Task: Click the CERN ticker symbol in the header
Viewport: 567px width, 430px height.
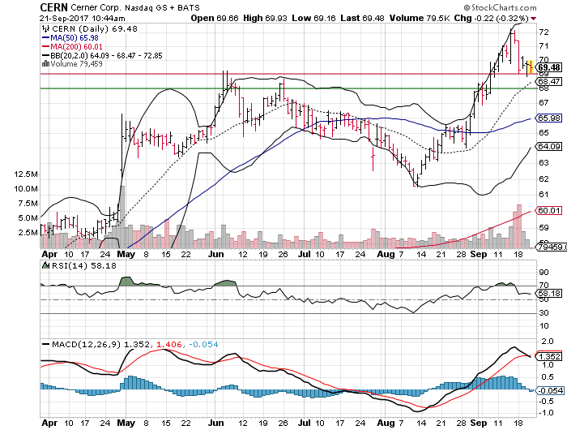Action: tap(55, 8)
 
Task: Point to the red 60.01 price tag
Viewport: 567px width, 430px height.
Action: tap(549, 210)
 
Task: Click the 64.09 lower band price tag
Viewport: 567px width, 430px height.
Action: tap(549, 147)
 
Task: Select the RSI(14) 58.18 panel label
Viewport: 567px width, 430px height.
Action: tap(74, 264)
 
